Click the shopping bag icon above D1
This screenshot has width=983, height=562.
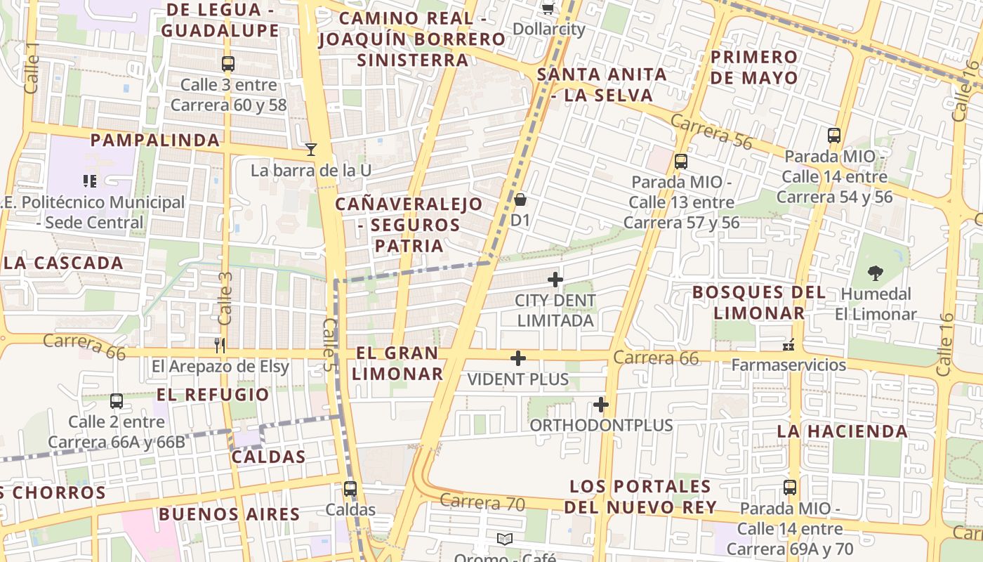click(x=520, y=200)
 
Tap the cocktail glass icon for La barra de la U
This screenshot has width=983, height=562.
click(x=311, y=149)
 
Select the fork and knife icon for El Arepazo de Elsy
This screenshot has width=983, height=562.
click(x=220, y=345)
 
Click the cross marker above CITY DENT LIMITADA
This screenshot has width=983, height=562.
click(x=555, y=280)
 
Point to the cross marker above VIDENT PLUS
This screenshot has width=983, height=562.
click(x=518, y=358)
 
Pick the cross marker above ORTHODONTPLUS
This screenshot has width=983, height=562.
click(x=600, y=405)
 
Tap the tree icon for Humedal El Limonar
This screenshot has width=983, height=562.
click(x=875, y=273)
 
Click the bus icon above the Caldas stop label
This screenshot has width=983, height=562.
click(x=350, y=488)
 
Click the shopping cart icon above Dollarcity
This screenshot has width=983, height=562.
click(x=548, y=8)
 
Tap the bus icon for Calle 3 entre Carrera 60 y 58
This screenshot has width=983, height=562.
click(x=228, y=64)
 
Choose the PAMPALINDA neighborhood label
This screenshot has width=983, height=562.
click(x=154, y=140)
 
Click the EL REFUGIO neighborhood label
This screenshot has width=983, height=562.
click(x=213, y=395)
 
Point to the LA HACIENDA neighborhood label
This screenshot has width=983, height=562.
click(x=843, y=431)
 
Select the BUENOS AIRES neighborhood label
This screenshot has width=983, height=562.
click(x=229, y=514)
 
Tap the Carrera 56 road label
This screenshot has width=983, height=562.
click(x=711, y=131)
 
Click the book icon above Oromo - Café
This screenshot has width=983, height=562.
click(x=504, y=539)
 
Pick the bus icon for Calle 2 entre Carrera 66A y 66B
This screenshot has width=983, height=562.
click(x=117, y=401)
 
